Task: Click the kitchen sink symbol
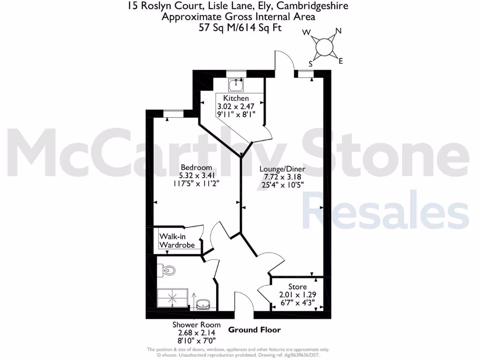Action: (236, 85)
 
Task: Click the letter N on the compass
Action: (338, 32)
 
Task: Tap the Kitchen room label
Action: (236, 98)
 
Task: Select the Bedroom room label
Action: (196, 167)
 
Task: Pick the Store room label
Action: (297, 287)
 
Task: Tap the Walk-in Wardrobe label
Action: (177, 240)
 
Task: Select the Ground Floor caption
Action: (255, 330)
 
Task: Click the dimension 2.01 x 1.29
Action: (298, 294)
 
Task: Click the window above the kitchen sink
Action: (236, 73)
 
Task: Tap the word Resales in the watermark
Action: (385, 213)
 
